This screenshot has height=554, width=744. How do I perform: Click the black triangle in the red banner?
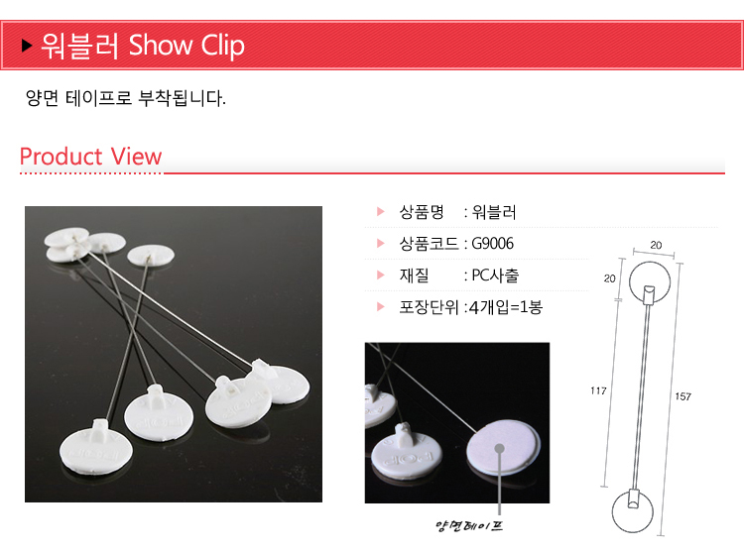(x=27, y=46)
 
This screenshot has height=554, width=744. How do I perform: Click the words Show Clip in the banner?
(x=186, y=46)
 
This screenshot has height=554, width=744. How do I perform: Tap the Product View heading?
(x=90, y=156)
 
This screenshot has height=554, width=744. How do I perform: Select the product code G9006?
(x=492, y=244)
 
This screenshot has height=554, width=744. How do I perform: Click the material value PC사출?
(x=495, y=276)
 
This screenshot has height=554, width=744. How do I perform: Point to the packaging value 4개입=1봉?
(x=506, y=307)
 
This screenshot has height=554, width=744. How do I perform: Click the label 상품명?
(x=422, y=212)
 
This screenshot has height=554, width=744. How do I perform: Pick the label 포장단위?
(x=429, y=307)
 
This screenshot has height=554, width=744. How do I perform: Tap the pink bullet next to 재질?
(x=381, y=275)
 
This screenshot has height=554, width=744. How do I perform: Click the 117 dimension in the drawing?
(x=598, y=391)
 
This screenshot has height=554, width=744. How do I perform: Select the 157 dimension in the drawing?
(x=683, y=396)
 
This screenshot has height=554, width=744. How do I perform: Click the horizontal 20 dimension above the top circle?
(x=656, y=245)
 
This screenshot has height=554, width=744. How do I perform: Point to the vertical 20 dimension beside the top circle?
(x=610, y=278)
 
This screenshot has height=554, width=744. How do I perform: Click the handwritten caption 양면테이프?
(x=469, y=525)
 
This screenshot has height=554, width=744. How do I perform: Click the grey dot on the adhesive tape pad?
(x=499, y=448)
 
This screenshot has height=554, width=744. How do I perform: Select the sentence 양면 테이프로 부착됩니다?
(x=126, y=98)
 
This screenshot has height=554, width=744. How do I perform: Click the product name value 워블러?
(x=494, y=212)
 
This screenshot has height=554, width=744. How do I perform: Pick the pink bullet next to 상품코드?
(x=381, y=243)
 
